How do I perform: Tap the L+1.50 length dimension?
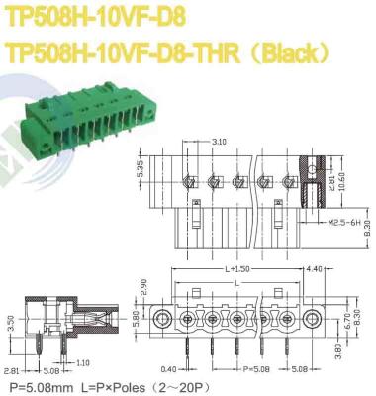pos(237,269)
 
